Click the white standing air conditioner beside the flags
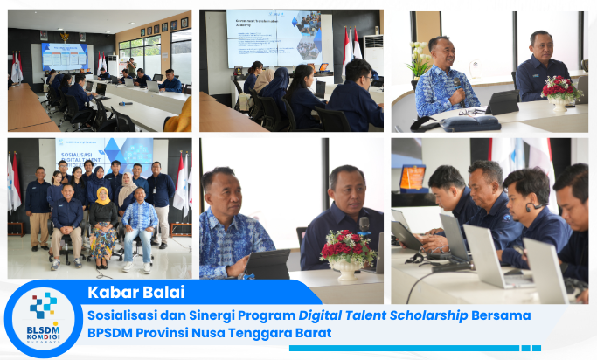pos(373,54)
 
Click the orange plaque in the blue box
pos(413,177)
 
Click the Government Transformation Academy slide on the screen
pos(274,37)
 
